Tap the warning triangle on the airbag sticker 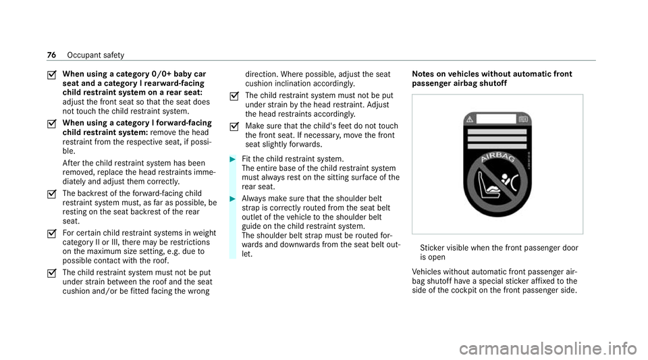pos(472,121)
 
